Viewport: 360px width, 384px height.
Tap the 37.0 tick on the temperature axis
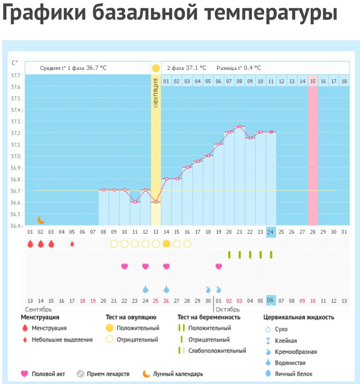coord(16,156)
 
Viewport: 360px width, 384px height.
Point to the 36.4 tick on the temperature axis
coord(16,226)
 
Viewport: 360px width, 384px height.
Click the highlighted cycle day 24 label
coord(271,232)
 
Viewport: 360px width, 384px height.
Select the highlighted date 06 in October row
coord(270,300)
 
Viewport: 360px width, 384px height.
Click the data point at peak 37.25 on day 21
coord(240,126)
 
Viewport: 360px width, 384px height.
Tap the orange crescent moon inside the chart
coord(41,220)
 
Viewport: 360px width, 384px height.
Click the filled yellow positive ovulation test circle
coord(166,244)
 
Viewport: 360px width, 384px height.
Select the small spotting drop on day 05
coord(72,244)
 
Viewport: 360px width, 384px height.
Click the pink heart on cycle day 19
coord(219,266)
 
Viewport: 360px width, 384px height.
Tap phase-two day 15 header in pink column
coord(313,81)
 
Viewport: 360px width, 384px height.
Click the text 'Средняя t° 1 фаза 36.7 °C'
coord(73,68)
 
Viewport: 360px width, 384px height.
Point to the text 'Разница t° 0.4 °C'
coord(239,68)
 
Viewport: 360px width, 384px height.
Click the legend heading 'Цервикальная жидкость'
coord(298,317)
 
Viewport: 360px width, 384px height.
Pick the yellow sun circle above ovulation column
coord(156,68)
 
